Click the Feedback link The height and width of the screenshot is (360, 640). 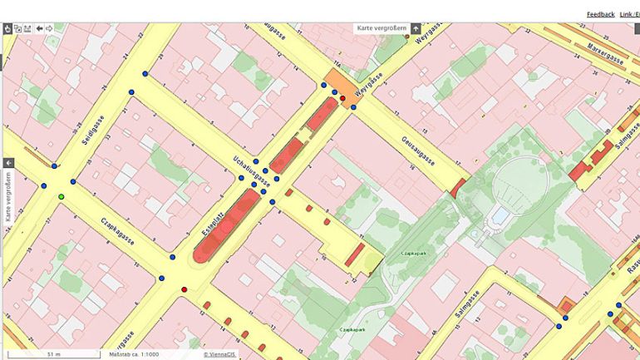coord(600,14)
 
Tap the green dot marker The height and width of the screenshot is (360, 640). coord(61,196)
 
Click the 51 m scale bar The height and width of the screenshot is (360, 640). coord(52,354)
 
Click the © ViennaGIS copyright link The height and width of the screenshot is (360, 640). coord(217,354)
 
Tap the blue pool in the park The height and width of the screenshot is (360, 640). coord(501,215)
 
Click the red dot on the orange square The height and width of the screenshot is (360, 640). coord(342,98)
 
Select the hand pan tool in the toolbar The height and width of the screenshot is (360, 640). coord(7,28)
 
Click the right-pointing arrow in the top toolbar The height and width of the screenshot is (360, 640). coord(49,28)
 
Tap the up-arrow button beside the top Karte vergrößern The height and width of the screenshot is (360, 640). coord(416,28)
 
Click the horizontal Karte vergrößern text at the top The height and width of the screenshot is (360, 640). coord(382,28)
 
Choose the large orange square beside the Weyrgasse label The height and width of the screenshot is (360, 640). coord(336,84)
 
